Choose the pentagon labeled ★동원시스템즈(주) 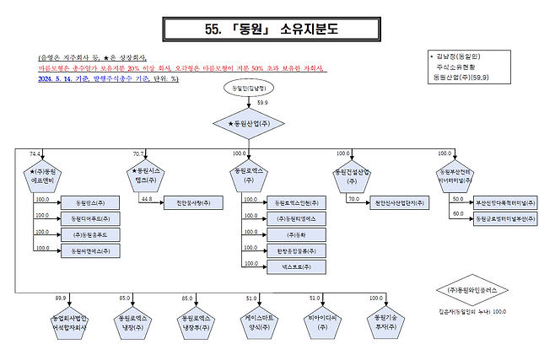pyautogui.click(x=144, y=178)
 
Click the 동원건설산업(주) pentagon pyautogui.click(x=350, y=177)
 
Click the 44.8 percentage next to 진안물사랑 pyautogui.click(x=146, y=199)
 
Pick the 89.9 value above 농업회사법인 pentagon pyautogui.click(x=61, y=298)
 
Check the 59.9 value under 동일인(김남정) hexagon pyautogui.click(x=262, y=102)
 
